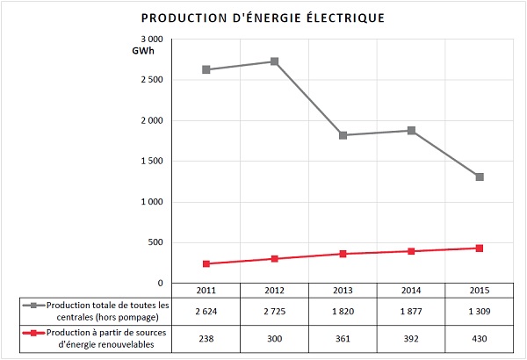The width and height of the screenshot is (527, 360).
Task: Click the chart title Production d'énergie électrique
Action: [x=263, y=18]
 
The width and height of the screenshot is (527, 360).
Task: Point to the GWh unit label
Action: [x=143, y=52]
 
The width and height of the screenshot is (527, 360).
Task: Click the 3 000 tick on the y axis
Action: [x=151, y=40]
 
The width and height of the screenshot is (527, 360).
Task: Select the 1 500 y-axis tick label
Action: [x=151, y=162]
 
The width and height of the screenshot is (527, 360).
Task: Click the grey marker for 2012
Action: [x=275, y=61]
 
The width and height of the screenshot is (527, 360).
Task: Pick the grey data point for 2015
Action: [x=479, y=176]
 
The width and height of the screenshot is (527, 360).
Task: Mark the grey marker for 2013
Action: [x=343, y=135]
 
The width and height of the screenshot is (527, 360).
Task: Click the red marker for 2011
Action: [x=206, y=263]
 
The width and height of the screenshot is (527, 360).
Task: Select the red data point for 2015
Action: [x=479, y=248]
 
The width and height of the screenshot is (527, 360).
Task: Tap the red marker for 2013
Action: [x=343, y=254]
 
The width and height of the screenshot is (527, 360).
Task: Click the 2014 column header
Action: [x=411, y=290]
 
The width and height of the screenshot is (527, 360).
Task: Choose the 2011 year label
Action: [x=206, y=290]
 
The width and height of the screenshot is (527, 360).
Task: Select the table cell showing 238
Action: [x=206, y=337]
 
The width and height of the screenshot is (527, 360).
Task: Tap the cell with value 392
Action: [x=411, y=337]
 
